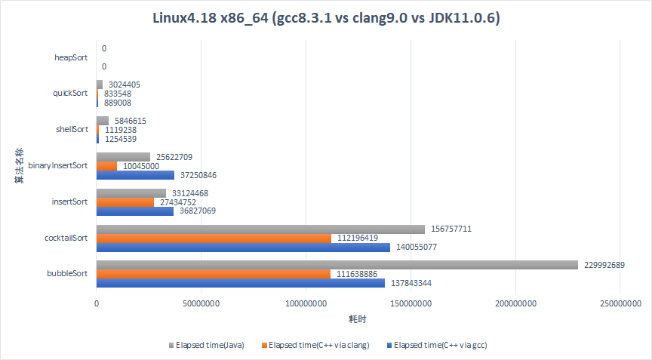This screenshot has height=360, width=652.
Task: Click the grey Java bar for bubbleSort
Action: coord(337,265)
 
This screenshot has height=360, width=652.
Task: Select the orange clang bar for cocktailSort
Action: coord(214,238)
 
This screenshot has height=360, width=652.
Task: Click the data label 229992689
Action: coord(604,265)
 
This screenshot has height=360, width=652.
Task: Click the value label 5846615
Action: coord(132,121)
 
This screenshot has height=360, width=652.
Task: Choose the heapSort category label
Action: coord(71,57)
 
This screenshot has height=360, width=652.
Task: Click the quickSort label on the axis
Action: coord(69,94)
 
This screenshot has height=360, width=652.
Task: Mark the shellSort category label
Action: coord(71,130)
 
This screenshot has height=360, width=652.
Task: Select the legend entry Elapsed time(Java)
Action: coord(210,345)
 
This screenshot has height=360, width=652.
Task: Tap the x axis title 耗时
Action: coord(358,319)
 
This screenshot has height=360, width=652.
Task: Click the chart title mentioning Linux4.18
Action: coord(325,17)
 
